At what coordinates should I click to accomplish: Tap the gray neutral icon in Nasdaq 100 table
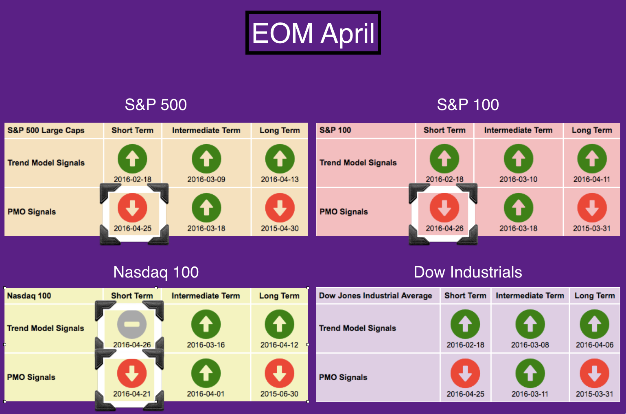[132, 324]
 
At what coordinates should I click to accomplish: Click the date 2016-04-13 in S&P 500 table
[280, 179]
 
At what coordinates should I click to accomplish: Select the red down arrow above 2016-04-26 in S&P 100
[444, 208]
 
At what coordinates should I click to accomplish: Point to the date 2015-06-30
[279, 394]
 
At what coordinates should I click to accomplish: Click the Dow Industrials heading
[468, 272]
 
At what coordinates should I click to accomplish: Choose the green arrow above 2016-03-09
[206, 159]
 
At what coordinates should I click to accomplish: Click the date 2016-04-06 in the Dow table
[594, 345]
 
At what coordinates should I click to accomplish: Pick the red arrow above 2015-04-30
[280, 208]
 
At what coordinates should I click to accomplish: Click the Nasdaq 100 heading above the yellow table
[156, 272]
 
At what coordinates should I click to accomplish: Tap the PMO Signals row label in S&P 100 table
[344, 212]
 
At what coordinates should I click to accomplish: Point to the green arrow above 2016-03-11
[530, 373]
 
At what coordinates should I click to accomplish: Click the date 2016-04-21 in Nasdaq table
[132, 394]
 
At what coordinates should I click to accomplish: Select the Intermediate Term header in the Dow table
[530, 296]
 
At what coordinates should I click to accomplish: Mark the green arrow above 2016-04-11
[592, 159]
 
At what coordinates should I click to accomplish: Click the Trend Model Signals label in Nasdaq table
[45, 328]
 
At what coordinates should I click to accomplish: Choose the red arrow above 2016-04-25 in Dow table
[465, 373]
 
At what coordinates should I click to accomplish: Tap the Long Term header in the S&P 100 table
[592, 130]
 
